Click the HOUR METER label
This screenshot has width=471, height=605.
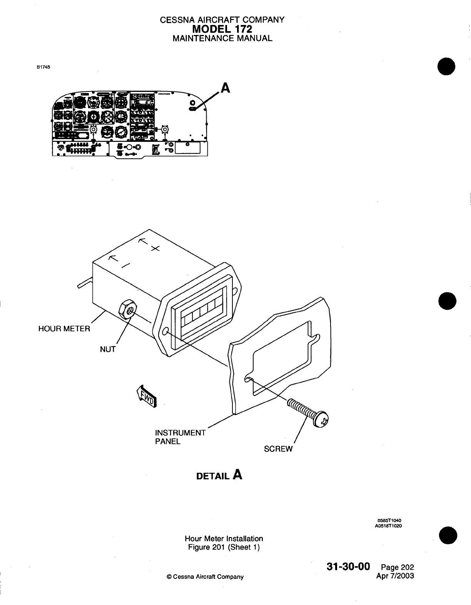pyautogui.click(x=64, y=329)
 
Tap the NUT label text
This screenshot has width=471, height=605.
pyautogui.click(x=108, y=349)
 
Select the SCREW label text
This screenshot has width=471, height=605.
pyautogui.click(x=278, y=449)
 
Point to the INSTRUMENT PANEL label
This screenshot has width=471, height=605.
pyautogui.click(x=180, y=437)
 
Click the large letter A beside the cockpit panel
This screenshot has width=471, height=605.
pyautogui.click(x=225, y=88)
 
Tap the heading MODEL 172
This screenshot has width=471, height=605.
pyautogui.click(x=222, y=29)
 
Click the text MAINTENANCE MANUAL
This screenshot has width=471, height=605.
pyautogui.click(x=222, y=38)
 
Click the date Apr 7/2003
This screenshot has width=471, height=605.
pyautogui.click(x=397, y=576)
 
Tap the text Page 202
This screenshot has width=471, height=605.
pyautogui.click(x=397, y=567)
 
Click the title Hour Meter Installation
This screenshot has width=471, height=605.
pyautogui.click(x=224, y=539)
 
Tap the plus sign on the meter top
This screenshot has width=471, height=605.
pyautogui.click(x=155, y=249)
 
